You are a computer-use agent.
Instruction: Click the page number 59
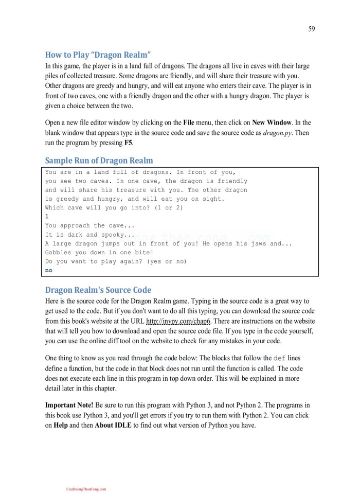(311, 29)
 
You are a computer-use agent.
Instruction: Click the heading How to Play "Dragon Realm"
(98, 55)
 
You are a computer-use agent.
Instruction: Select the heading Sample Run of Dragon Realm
(99, 160)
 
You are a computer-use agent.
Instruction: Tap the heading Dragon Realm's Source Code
(98, 290)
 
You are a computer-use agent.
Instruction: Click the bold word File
(189, 122)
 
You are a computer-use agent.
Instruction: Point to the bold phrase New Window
(272, 122)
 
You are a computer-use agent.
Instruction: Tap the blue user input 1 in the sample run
(47, 217)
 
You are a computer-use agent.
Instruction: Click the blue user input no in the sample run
(49, 270)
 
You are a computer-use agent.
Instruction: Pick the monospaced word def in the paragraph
(279, 358)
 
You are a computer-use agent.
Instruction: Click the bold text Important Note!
(69, 405)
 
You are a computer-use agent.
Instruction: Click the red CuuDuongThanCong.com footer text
(86, 489)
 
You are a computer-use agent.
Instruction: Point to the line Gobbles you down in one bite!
(99, 253)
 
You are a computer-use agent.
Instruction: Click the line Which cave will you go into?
(114, 208)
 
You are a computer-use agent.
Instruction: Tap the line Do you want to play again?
(116, 261)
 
